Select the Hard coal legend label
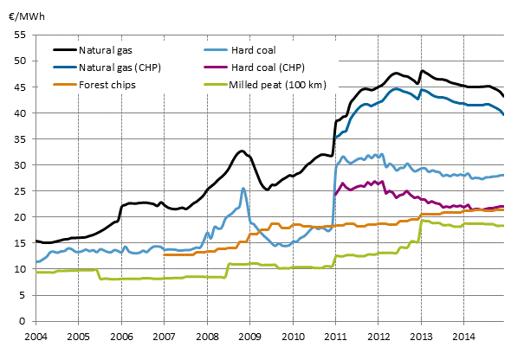pos(255,51)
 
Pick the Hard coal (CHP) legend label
pos(269,67)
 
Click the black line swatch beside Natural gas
pos(63,51)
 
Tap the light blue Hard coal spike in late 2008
pos(243,188)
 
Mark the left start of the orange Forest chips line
pos(164,254)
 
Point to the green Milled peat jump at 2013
pos(421,222)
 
